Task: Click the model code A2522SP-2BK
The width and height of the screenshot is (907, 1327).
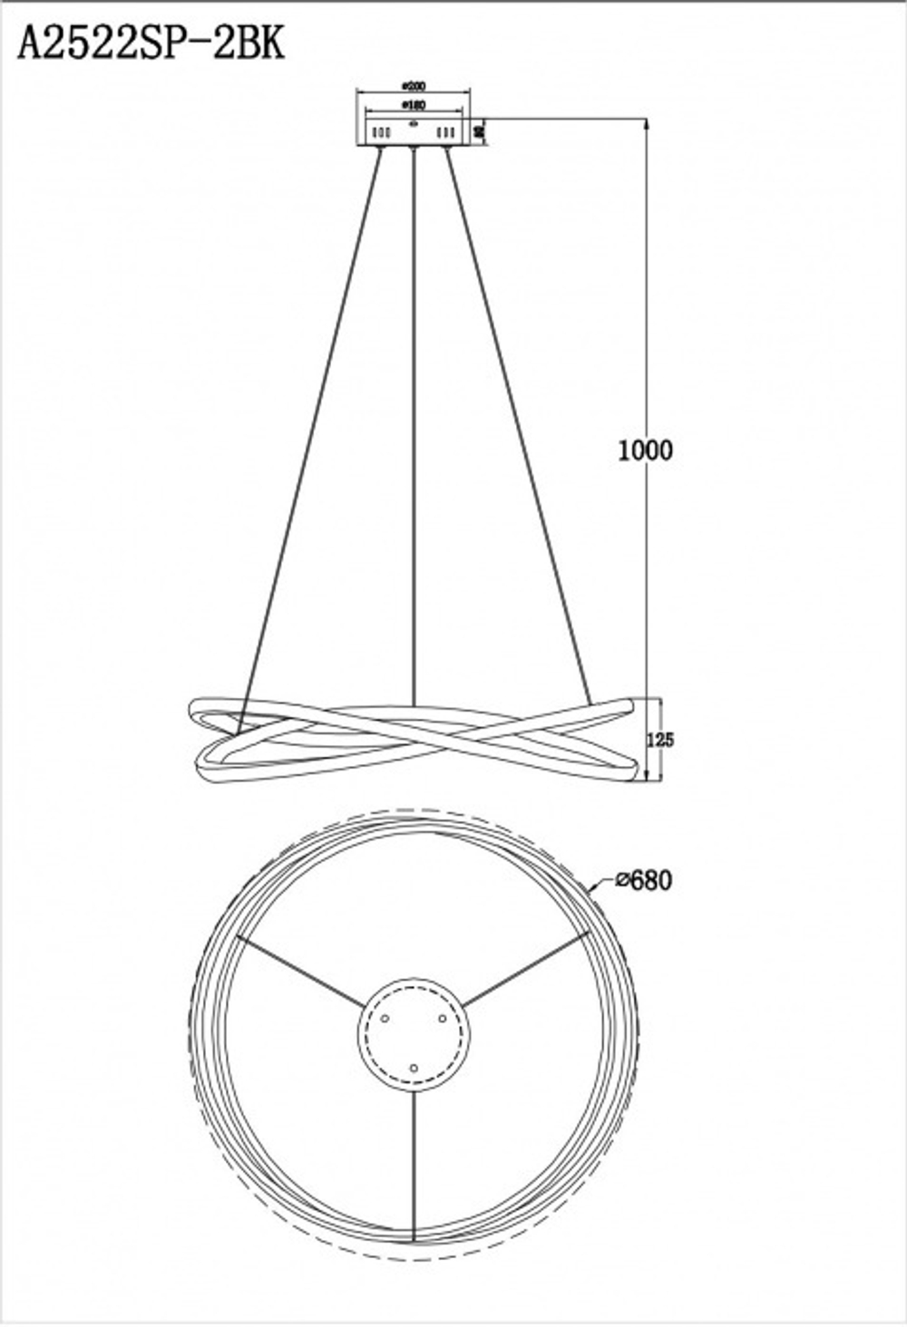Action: (151, 43)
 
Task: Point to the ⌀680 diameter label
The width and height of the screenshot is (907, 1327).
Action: (643, 879)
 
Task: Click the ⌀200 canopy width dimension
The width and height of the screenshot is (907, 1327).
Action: (414, 87)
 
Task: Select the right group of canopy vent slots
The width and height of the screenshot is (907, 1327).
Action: (445, 133)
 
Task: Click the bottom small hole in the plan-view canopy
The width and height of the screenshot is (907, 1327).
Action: (414, 1070)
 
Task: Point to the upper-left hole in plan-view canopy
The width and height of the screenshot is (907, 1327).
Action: (385, 1020)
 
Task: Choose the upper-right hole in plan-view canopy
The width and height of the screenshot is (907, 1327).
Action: (444, 1020)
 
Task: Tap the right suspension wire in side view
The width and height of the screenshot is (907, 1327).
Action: (517, 426)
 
